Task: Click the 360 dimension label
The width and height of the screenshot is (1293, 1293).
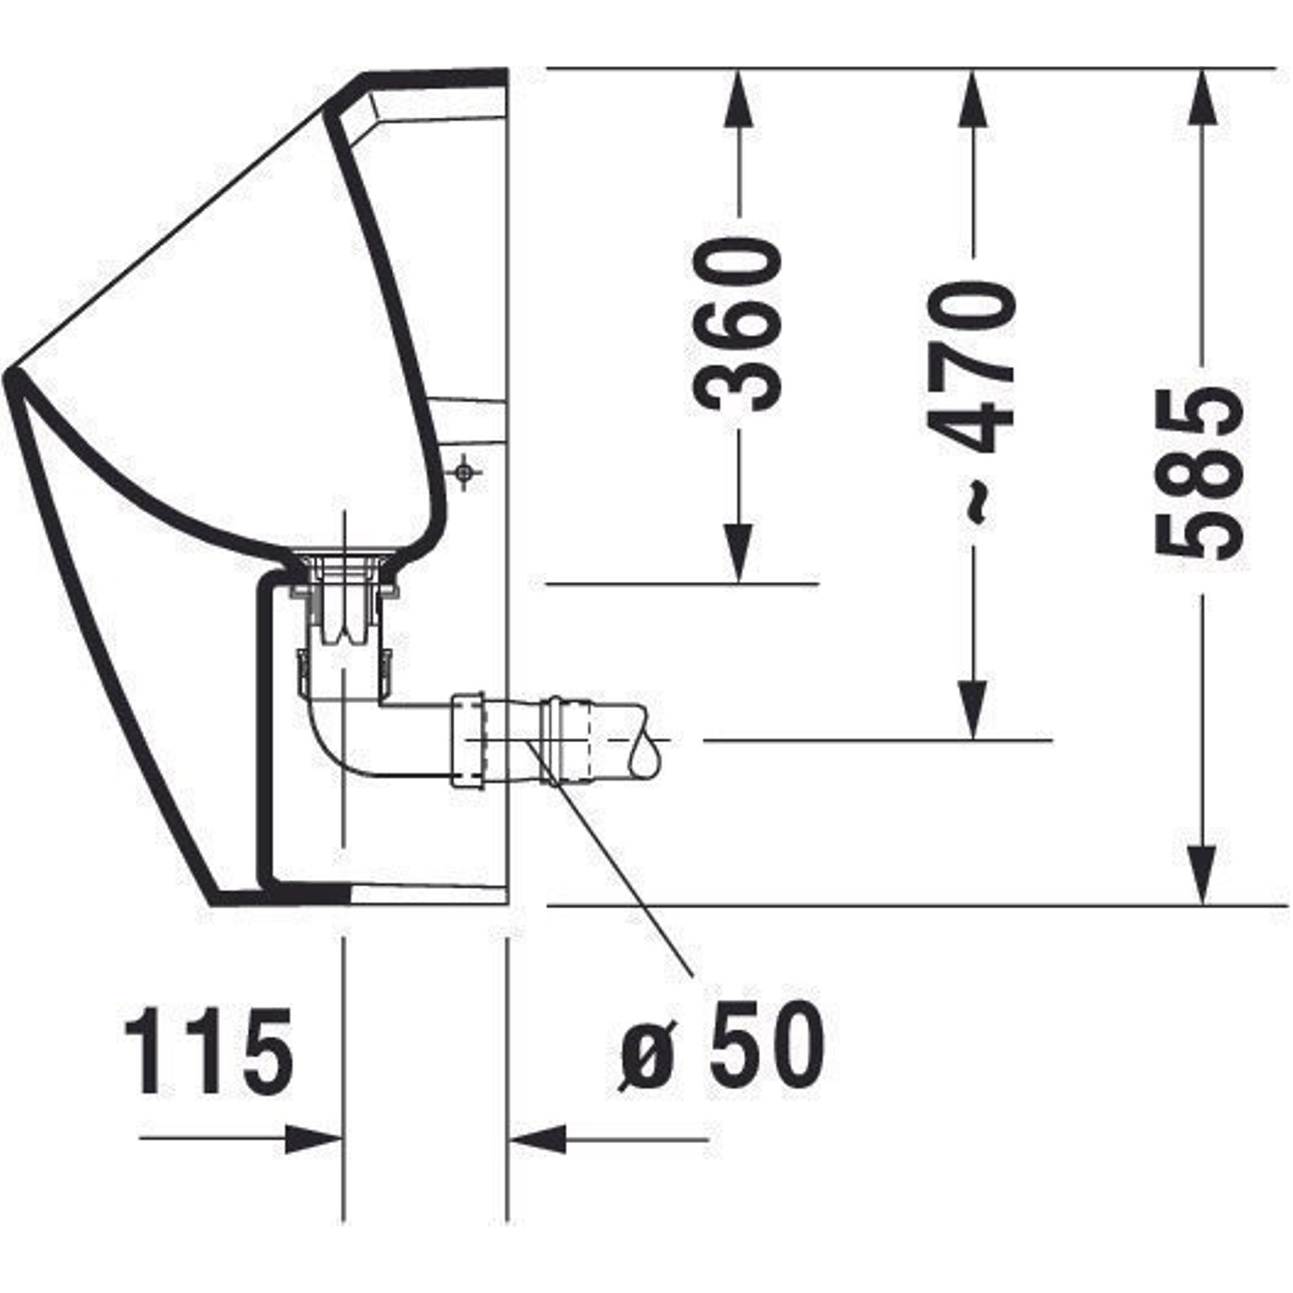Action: (737, 325)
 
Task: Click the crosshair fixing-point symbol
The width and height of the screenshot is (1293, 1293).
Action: (463, 473)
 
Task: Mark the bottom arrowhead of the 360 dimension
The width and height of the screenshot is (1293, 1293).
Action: (738, 553)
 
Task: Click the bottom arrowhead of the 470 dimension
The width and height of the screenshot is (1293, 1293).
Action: (972, 710)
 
